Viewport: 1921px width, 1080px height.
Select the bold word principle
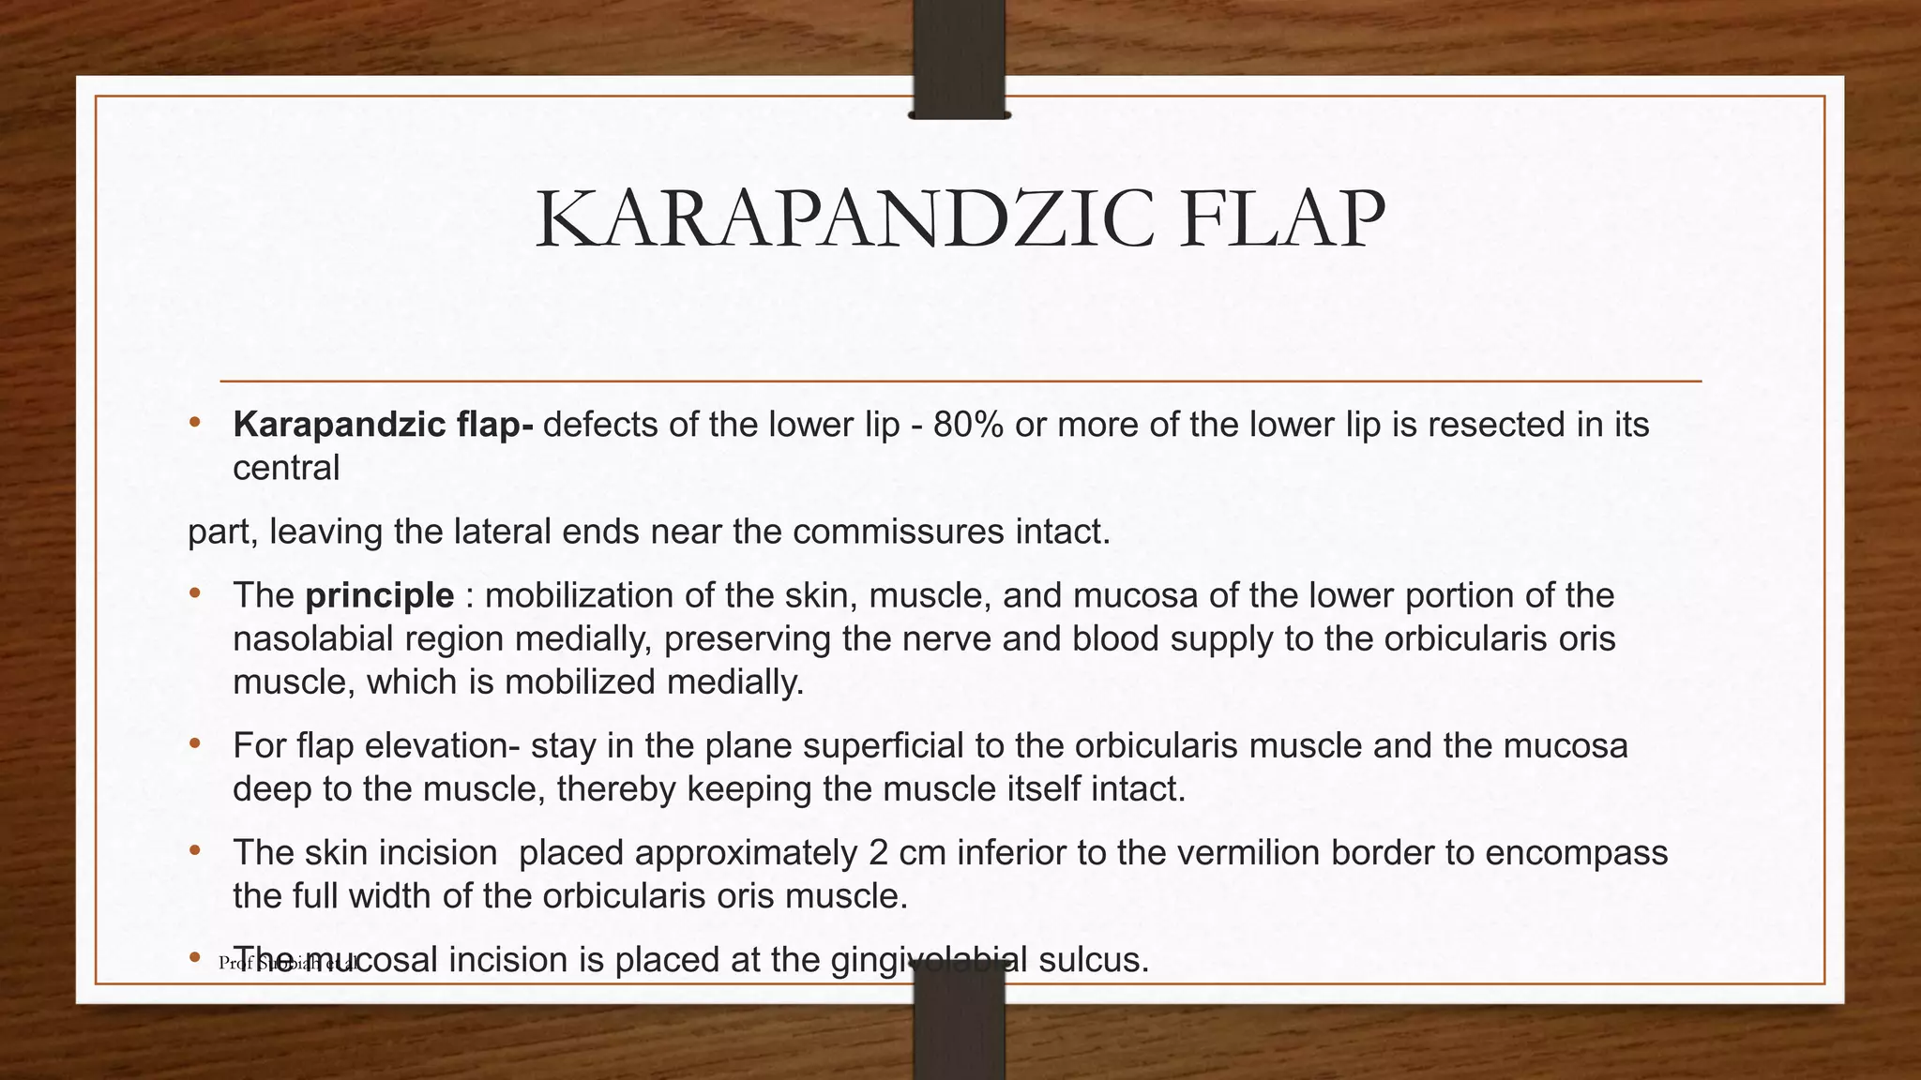pos(380,595)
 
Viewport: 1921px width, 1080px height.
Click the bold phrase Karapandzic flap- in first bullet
pos(383,425)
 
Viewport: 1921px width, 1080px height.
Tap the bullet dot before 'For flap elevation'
pos(194,744)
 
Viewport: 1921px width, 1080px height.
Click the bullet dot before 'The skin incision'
pos(194,851)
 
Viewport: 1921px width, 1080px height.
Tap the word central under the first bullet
pos(286,467)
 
